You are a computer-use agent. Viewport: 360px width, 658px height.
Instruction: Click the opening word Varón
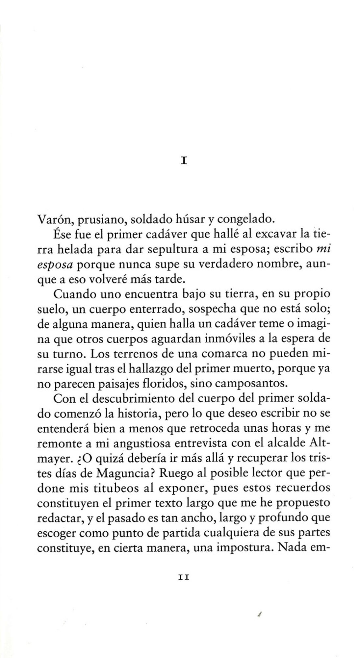point(54,219)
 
